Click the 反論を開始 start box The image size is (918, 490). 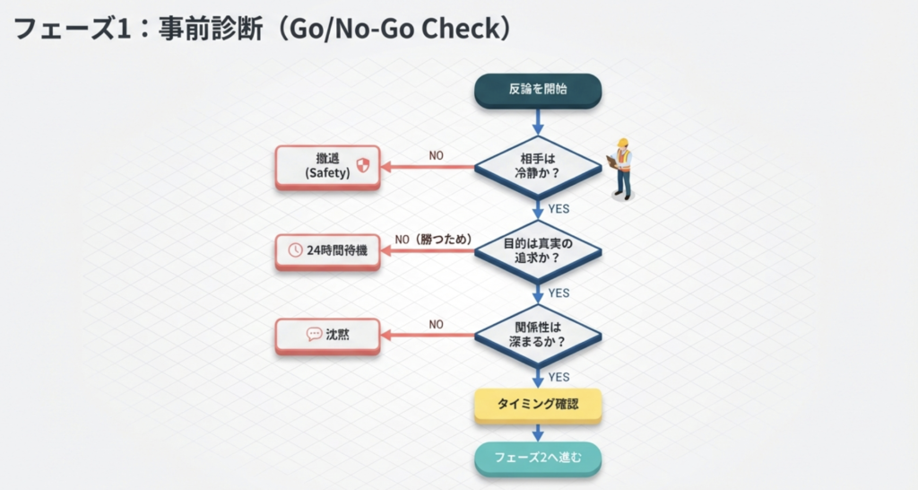(537, 90)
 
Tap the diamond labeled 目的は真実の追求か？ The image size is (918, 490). (538, 250)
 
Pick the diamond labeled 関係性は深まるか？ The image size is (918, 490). (538, 335)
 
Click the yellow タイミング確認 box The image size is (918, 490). (537, 405)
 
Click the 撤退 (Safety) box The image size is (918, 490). (327, 166)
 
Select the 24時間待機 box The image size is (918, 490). (327, 250)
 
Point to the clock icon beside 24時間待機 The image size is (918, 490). (295, 250)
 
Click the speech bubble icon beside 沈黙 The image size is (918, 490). (314, 334)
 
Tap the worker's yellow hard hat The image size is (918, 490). (621, 143)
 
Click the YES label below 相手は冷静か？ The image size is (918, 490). (559, 209)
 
